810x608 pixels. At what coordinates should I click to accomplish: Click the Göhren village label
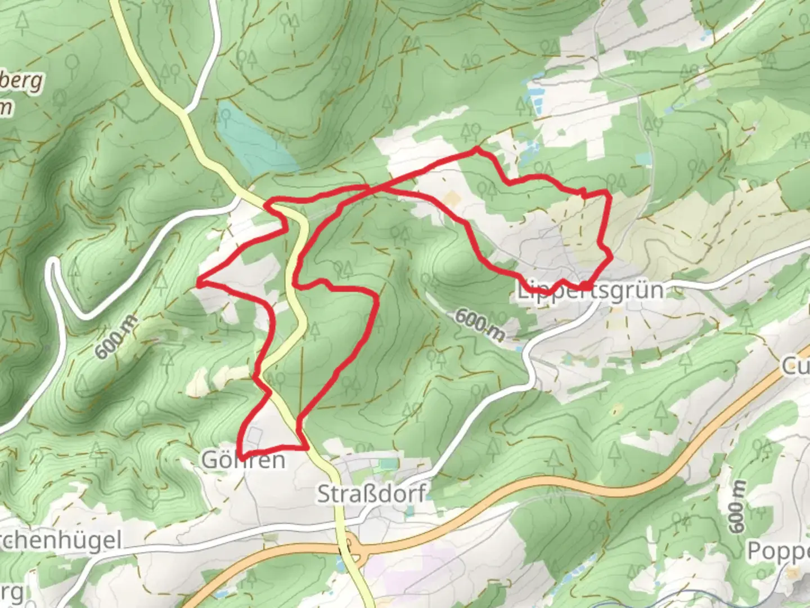[x=244, y=460]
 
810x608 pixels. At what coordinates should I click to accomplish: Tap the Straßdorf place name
[x=371, y=494]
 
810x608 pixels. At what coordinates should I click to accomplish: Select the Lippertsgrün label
[x=590, y=290]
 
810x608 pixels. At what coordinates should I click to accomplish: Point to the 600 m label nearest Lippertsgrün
[x=479, y=325]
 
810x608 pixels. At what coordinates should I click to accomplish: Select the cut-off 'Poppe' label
[x=778, y=552]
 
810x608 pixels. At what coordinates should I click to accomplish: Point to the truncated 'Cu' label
[x=795, y=367]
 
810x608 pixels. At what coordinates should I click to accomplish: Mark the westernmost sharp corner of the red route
[x=199, y=284]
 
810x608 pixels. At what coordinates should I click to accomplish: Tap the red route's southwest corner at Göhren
[x=239, y=455]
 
